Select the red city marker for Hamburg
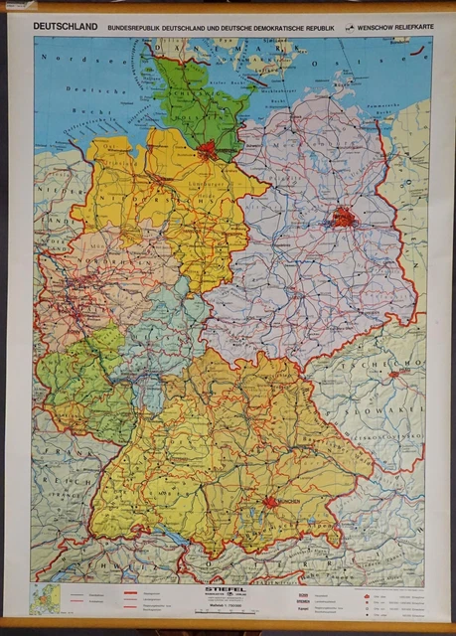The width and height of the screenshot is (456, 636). coord(208,152)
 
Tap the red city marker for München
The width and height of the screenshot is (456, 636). coord(270,502)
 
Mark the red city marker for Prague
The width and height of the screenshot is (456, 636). coord(395,374)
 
